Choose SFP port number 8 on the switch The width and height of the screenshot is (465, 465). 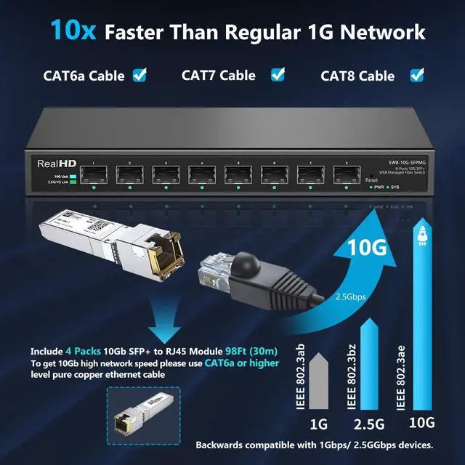click(x=347, y=174)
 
